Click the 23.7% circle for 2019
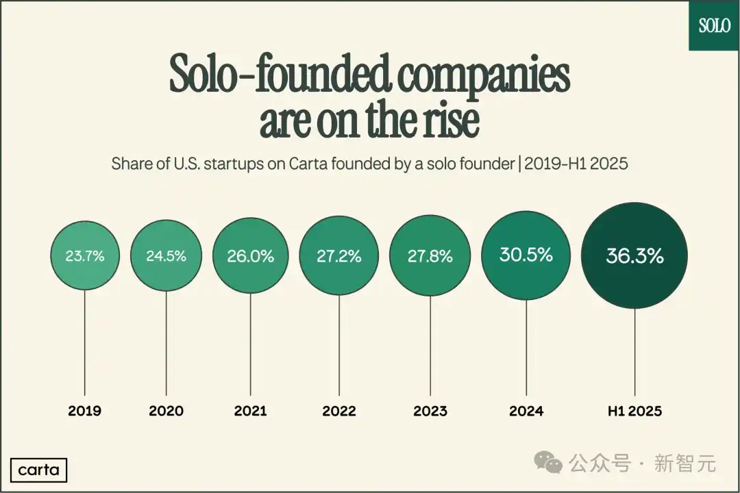(x=85, y=257)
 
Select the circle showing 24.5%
(x=166, y=257)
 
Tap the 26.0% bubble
(x=250, y=256)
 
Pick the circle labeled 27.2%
(x=338, y=256)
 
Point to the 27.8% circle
(x=430, y=256)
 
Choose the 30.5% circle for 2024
(x=526, y=255)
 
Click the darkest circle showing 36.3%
(x=634, y=255)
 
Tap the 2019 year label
(x=85, y=411)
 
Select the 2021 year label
(x=250, y=411)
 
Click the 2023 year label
(x=430, y=411)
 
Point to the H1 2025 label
(x=634, y=411)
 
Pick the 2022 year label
(x=338, y=411)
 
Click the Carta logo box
(x=39, y=470)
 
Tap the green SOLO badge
(x=714, y=25)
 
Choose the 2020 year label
(x=166, y=411)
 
